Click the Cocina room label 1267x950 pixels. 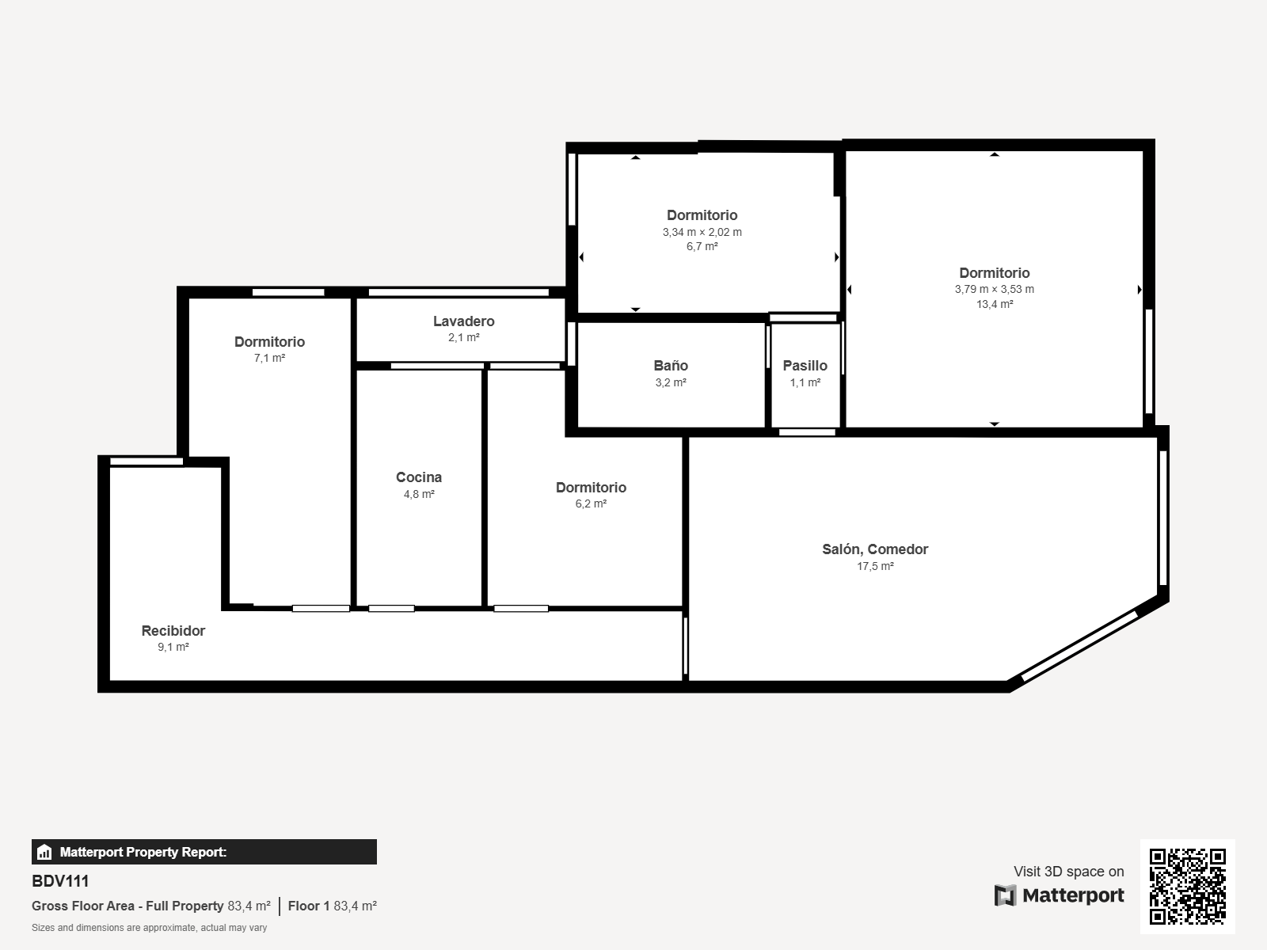pos(418,477)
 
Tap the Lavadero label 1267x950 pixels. pos(463,321)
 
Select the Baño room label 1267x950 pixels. pos(671,366)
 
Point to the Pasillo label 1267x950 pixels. pos(805,366)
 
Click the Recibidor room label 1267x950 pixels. pos(173,630)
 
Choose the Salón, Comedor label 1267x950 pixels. pos(875,549)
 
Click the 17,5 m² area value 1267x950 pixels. pos(875,566)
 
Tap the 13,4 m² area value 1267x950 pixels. pos(995,304)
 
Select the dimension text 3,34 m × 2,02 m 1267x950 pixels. pos(702,232)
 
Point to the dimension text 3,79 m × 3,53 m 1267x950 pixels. pos(995,289)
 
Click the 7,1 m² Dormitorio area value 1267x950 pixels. pos(269,358)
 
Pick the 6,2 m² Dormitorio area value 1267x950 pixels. pos(591,503)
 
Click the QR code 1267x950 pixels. pos(1187,886)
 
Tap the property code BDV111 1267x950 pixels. pos(60,881)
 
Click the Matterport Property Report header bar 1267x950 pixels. pos(204,852)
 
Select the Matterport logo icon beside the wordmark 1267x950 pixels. pos(1005,896)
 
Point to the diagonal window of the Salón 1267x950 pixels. pos(1080,647)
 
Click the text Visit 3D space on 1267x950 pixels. pos(1068,872)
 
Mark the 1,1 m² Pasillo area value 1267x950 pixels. pos(805,382)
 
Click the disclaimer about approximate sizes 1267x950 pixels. pos(149,928)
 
